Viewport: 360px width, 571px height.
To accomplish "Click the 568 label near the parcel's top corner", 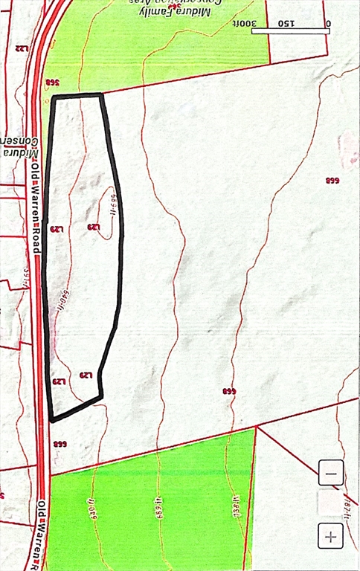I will click(51, 82).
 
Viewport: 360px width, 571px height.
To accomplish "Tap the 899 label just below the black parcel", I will click(59, 445).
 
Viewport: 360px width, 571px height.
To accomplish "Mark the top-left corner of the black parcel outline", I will click(53, 97).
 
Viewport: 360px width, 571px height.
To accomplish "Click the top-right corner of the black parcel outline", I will click(101, 94).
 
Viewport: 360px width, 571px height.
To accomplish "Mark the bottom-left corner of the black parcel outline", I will click(52, 420).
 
